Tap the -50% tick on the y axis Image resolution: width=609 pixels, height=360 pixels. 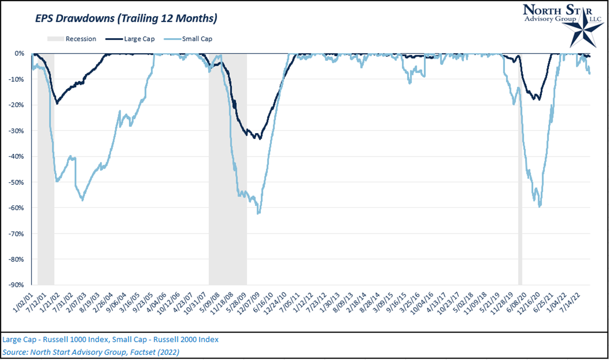(16, 182)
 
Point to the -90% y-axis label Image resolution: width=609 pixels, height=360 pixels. (16, 285)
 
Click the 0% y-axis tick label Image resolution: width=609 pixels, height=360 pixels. (19, 53)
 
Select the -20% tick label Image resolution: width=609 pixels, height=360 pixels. (16, 105)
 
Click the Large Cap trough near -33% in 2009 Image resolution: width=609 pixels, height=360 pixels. (260, 138)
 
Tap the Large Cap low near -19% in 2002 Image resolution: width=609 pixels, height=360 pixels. (57, 103)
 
